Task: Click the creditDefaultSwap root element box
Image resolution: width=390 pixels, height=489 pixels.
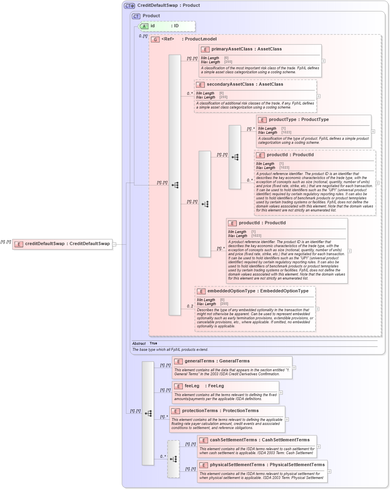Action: click(62, 244)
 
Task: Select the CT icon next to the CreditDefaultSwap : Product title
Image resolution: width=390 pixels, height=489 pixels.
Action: click(129, 6)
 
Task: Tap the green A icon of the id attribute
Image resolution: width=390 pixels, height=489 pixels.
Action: click(144, 26)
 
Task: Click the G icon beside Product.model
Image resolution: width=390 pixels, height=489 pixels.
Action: click(155, 39)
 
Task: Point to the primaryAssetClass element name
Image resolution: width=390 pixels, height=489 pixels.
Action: click(232, 49)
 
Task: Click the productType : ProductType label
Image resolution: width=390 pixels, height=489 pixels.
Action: click(298, 120)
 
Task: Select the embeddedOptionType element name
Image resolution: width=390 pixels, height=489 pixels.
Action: click(231, 291)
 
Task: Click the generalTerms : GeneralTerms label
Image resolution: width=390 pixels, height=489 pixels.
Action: click(217, 361)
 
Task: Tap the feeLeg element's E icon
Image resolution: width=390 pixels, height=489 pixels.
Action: click(178, 386)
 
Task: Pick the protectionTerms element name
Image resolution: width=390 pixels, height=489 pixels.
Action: click(201, 411)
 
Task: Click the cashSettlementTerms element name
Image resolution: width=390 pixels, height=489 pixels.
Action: click(233, 440)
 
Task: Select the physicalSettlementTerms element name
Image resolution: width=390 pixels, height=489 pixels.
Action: click(237, 465)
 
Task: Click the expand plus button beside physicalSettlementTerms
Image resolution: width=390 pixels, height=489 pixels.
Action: click(329, 471)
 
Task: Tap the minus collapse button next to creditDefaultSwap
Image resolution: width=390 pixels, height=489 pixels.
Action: click(114, 244)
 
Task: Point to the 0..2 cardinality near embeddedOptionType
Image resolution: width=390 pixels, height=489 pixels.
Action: click(190, 306)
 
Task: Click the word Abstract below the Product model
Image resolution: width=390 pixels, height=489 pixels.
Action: click(139, 343)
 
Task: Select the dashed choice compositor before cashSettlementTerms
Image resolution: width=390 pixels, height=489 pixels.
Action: click(173, 459)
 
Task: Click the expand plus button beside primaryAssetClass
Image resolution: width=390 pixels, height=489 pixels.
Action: click(323, 61)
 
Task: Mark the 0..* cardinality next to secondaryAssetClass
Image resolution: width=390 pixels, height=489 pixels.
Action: click(190, 94)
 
